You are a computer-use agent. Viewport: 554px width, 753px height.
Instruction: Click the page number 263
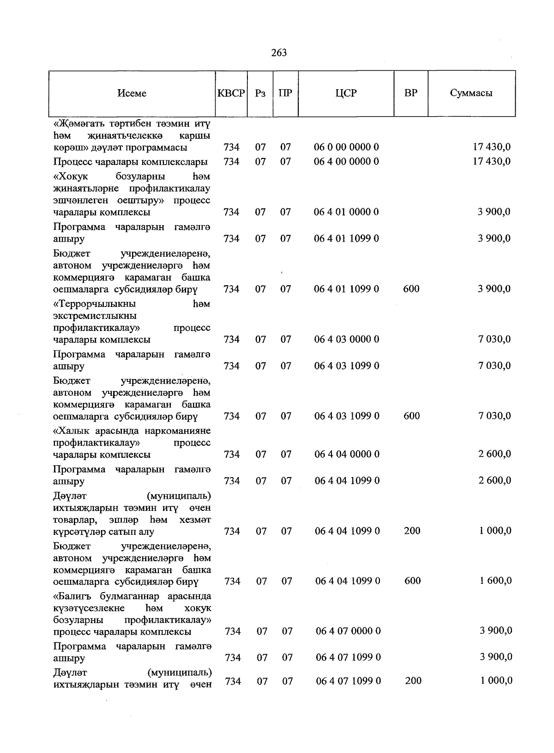point(279,53)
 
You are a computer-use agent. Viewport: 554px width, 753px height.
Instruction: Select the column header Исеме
point(132,93)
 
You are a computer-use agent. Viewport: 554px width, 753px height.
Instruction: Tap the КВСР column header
point(231,93)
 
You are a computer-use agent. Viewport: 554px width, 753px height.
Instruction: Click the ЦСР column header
point(346,93)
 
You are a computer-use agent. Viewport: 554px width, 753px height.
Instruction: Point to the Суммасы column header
point(471,93)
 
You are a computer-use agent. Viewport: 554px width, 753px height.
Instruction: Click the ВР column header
point(410,93)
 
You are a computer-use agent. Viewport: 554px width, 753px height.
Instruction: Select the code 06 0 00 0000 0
point(346,147)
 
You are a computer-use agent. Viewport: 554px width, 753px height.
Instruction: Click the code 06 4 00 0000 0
point(346,162)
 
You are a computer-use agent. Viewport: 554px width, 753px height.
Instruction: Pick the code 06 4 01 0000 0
point(346,212)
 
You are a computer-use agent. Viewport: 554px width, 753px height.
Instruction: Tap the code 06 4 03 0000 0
point(347,339)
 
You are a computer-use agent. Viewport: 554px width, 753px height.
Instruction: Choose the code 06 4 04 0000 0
point(347,454)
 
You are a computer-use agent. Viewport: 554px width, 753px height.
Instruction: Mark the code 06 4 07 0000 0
point(348,631)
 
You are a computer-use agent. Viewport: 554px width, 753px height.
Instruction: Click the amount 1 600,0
point(495,581)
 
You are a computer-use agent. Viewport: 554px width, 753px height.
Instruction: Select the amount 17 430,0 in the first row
point(492,147)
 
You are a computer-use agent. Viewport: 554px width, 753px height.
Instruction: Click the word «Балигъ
point(75,596)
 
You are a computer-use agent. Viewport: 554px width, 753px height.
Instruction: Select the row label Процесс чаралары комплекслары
point(130,162)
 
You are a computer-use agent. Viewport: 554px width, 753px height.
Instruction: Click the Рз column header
point(260,93)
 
